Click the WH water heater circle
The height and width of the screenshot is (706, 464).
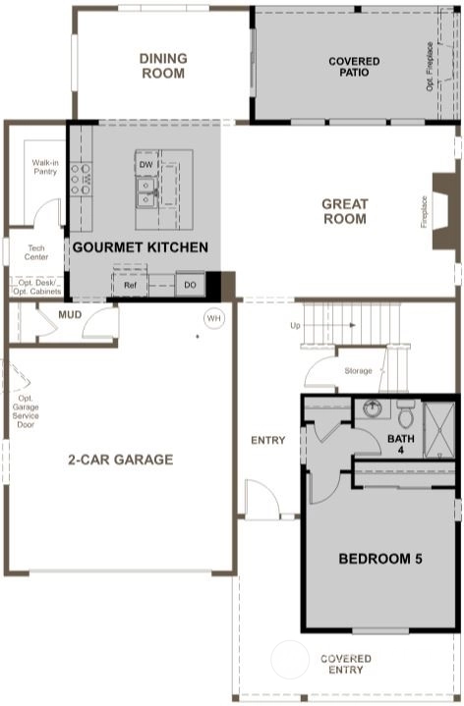[213, 318]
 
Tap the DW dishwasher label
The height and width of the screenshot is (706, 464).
[145, 165]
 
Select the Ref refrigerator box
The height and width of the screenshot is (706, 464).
[130, 285]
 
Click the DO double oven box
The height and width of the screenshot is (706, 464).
[191, 285]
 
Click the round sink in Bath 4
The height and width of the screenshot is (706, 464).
[373, 408]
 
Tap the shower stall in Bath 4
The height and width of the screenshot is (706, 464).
[439, 430]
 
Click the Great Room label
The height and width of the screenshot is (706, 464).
[345, 211]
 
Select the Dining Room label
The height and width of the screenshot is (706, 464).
[163, 66]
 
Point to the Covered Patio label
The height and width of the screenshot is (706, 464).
[354, 67]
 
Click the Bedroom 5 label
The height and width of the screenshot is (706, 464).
[380, 559]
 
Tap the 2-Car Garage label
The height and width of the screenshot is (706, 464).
[120, 460]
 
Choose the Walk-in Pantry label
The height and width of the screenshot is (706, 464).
[45, 167]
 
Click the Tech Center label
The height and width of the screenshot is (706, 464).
[36, 252]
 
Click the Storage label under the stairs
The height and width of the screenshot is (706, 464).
[358, 371]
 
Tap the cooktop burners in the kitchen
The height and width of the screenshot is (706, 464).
[82, 179]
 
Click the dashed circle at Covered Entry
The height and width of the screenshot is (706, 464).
[290, 659]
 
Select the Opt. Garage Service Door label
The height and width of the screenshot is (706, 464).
[26, 411]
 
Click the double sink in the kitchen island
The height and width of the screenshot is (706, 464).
[146, 192]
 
